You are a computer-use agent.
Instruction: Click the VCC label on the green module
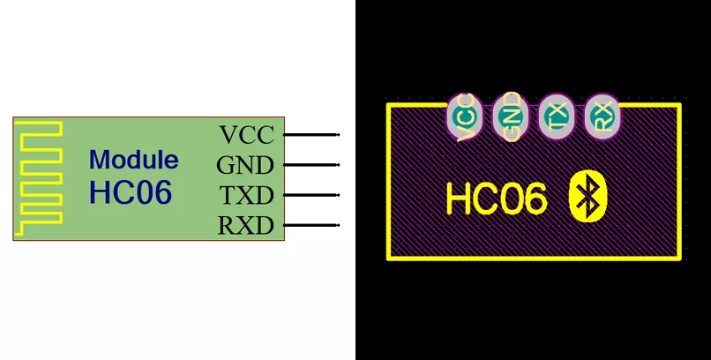pyautogui.click(x=247, y=135)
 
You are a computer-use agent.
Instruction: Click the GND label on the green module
pyautogui.click(x=245, y=165)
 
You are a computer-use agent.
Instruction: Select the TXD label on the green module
pyautogui.click(x=247, y=195)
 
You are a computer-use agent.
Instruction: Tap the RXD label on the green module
pyautogui.click(x=246, y=225)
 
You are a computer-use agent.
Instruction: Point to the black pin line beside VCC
pyautogui.click(x=311, y=135)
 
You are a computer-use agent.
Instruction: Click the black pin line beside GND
pyautogui.click(x=311, y=165)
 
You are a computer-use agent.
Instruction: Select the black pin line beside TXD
pyautogui.click(x=311, y=195)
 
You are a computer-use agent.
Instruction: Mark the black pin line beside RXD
pyautogui.click(x=311, y=225)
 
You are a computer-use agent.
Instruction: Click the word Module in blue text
pyautogui.click(x=134, y=160)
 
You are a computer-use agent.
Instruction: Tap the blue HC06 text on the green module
pyautogui.click(x=131, y=191)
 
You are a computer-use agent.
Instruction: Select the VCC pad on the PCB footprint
pyautogui.click(x=464, y=116)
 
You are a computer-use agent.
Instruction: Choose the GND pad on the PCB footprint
pyautogui.click(x=510, y=116)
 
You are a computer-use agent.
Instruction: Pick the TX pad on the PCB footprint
pyautogui.click(x=557, y=116)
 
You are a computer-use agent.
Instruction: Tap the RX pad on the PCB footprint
pyautogui.click(x=602, y=116)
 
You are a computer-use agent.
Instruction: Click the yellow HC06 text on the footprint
pyautogui.click(x=497, y=199)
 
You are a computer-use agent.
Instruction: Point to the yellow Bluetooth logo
pyautogui.click(x=588, y=196)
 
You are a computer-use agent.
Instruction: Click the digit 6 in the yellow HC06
pyautogui.click(x=535, y=199)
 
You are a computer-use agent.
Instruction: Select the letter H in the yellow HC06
pyautogui.click(x=458, y=199)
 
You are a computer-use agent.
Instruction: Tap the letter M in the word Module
pyautogui.click(x=99, y=160)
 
